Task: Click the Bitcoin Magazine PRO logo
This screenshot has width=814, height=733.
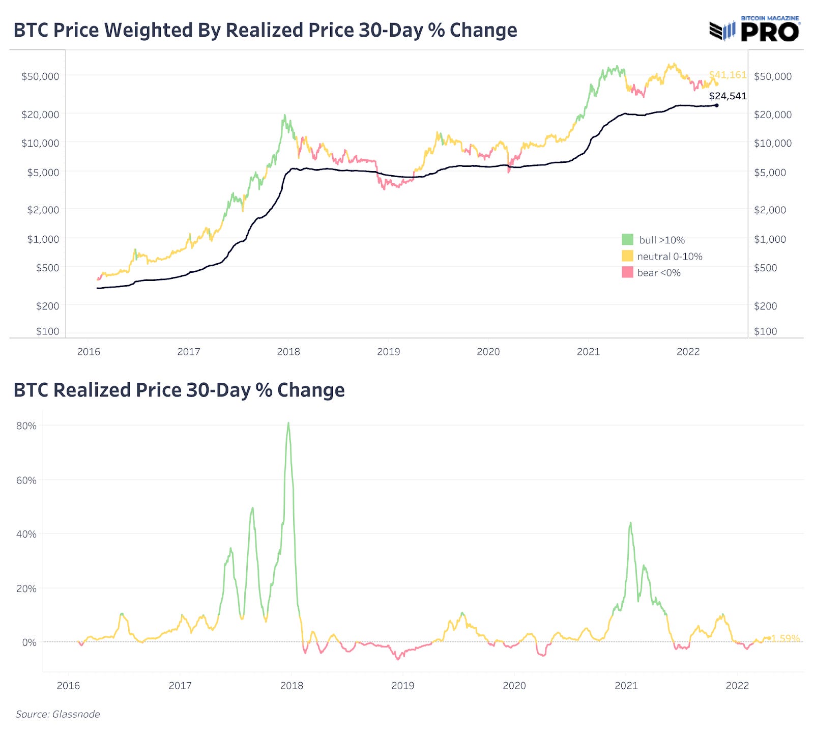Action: [x=755, y=29]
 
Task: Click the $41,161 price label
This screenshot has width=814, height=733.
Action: [x=728, y=75]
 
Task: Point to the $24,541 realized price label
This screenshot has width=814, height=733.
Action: [x=728, y=96]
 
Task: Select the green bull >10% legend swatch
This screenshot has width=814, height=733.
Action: [x=627, y=240]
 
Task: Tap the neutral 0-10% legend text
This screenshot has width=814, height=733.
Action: [x=670, y=257]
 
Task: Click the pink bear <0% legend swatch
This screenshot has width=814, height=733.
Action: [x=627, y=272]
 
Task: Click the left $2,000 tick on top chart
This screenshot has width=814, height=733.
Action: [x=43, y=210]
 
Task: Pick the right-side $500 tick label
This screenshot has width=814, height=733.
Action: [x=765, y=268]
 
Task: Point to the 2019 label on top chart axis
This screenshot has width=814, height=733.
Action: [x=388, y=352]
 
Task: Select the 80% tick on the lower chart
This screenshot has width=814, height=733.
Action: [x=26, y=426]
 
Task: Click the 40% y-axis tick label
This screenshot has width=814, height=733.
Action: [x=26, y=534]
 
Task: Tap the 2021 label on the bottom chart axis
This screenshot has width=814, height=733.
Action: [x=626, y=686]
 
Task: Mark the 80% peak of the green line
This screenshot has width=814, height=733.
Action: [x=288, y=424]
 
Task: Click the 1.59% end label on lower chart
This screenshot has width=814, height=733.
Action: [x=786, y=638]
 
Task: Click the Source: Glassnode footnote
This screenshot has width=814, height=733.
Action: [x=57, y=714]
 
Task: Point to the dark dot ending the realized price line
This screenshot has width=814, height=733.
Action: [x=717, y=105]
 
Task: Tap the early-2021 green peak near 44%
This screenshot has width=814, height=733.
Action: [x=630, y=523]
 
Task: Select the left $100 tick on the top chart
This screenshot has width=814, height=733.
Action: [x=47, y=331]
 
